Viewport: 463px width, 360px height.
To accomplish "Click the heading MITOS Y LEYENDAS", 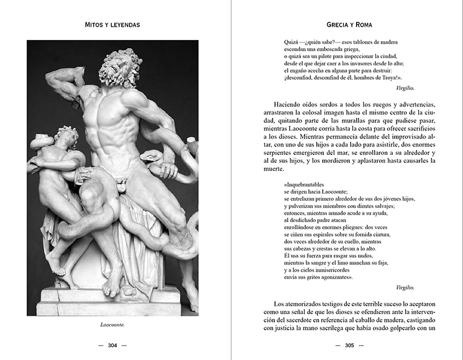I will [113, 25].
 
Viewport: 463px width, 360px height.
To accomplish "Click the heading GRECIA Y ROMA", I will [349, 25].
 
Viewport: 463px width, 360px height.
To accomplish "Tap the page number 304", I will [112, 346].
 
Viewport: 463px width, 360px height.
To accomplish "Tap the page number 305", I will [349, 346].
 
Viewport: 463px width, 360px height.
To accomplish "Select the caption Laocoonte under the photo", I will [112, 324].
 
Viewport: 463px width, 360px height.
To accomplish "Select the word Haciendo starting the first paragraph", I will [288, 105].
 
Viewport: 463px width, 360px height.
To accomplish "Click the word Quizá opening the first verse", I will [291, 42].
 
